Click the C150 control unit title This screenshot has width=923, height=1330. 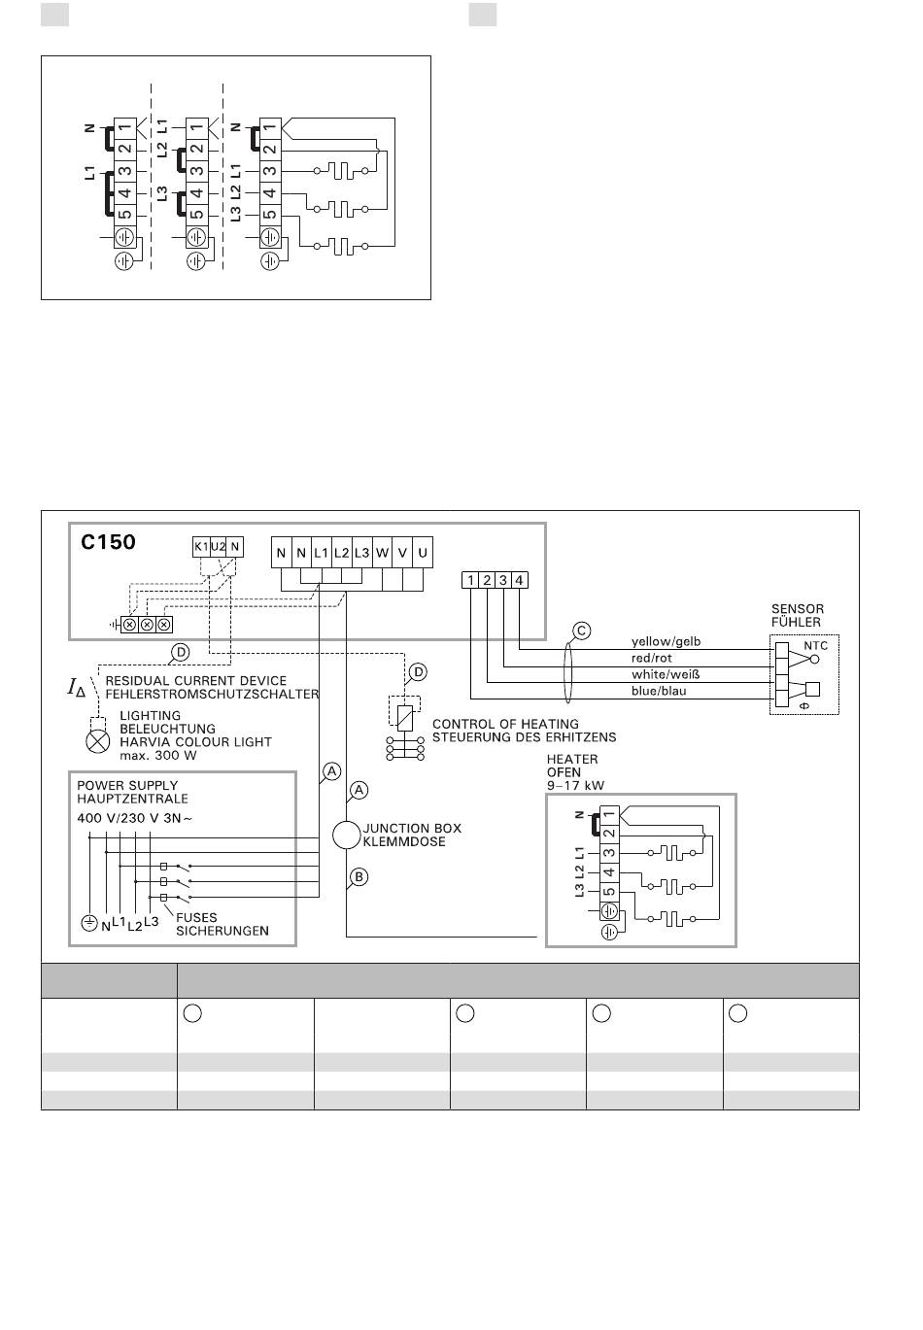(108, 542)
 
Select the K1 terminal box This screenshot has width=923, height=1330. (201, 547)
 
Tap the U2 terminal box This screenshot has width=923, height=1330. (218, 547)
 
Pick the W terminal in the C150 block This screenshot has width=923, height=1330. (383, 553)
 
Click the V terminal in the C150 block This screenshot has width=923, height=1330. (402, 553)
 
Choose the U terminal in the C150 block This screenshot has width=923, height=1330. (423, 553)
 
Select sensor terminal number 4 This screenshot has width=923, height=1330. (520, 580)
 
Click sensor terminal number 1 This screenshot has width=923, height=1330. (470, 580)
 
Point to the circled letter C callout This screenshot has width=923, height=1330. (581, 631)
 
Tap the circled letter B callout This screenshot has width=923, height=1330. (359, 877)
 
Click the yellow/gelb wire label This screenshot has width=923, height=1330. (666, 642)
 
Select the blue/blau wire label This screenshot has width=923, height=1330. (659, 691)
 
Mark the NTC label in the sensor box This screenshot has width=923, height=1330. (815, 646)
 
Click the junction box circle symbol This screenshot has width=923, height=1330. (346, 836)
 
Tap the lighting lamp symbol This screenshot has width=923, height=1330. (98, 741)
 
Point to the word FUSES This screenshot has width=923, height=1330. (196, 917)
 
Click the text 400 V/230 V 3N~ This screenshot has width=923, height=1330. (135, 818)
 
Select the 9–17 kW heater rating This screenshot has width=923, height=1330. (575, 786)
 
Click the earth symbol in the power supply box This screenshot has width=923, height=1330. (89, 923)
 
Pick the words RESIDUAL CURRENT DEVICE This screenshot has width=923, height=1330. (196, 680)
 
